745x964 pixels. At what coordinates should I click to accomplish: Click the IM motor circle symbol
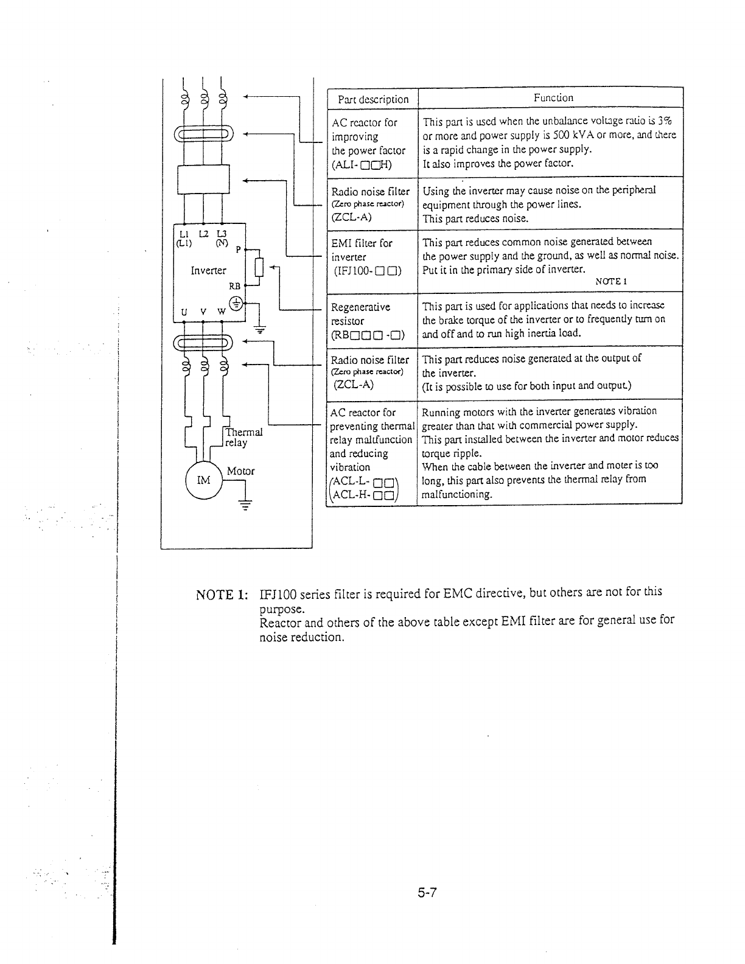204,480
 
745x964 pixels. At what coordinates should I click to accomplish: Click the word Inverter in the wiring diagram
208,270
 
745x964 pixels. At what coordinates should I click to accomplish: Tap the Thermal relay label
243,437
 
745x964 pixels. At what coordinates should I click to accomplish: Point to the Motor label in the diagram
240,471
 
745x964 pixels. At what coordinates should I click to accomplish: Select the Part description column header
373,99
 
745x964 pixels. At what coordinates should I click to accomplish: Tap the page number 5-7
428,893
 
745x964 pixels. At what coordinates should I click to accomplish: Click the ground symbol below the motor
245,504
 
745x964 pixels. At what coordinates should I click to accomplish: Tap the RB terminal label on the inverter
234,285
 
